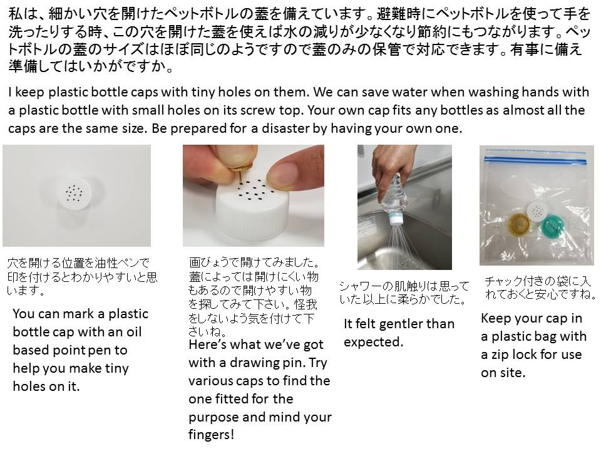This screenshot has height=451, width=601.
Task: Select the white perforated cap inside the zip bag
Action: coord(537,211)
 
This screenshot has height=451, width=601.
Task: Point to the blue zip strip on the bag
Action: coord(535,160)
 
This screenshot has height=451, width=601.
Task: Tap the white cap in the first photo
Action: coord(75,194)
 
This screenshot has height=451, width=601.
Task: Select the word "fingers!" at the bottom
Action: coord(211,435)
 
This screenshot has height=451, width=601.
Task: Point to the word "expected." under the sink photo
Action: coord(373,343)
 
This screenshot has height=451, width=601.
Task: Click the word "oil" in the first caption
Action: coord(134,332)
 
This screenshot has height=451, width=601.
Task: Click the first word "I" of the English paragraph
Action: coord(10,92)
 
